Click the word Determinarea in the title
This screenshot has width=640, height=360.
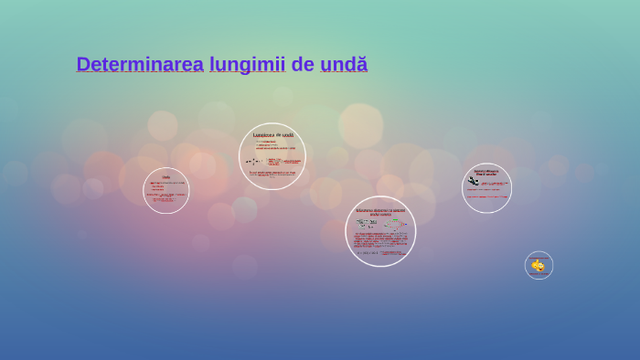139,65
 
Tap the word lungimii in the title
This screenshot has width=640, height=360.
247,65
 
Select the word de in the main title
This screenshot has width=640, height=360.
303,65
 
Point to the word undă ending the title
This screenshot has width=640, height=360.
344,65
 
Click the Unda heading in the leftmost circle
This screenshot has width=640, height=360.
166,177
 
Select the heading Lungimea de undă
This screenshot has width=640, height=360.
272,135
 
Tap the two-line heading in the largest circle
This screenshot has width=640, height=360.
380,212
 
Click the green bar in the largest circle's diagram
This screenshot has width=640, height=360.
395,220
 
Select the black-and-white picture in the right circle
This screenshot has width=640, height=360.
474,181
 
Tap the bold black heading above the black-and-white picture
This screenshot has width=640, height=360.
486,172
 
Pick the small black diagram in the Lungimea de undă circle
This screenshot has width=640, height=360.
252,162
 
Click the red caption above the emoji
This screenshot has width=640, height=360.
538,258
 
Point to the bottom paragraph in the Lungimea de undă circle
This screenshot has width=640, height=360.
272,174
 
